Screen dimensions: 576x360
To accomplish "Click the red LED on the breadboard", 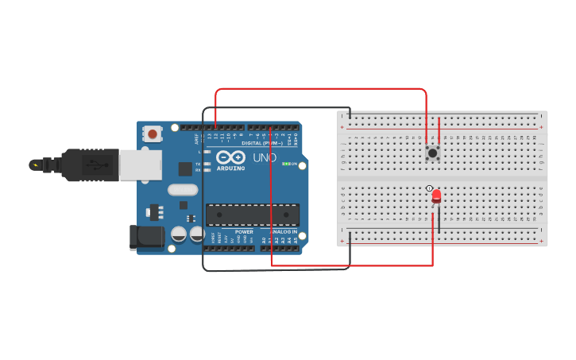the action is pos(436,195).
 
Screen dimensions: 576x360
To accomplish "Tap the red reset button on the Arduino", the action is pos(153,134).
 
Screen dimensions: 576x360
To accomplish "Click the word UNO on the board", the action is pos(265,157).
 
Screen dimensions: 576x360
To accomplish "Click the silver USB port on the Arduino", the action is pos(140,165).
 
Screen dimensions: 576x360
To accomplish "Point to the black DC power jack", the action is pos(146,237).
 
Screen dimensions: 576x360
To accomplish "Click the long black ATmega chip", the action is pos(253,215).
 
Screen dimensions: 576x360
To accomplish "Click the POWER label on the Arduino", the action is pos(244,232).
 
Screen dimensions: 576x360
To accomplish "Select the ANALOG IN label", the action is pos(284,232).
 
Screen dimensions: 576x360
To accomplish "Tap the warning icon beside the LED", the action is pos(429,188).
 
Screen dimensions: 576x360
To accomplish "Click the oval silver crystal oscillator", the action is pos(183,190).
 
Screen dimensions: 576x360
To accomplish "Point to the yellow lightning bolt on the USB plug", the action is pos(34,165).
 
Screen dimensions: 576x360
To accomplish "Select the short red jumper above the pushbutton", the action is pos(439,130).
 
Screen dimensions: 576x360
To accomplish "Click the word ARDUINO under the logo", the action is pos(231,168).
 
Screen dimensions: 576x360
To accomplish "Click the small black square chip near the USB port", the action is pos(185,168).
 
